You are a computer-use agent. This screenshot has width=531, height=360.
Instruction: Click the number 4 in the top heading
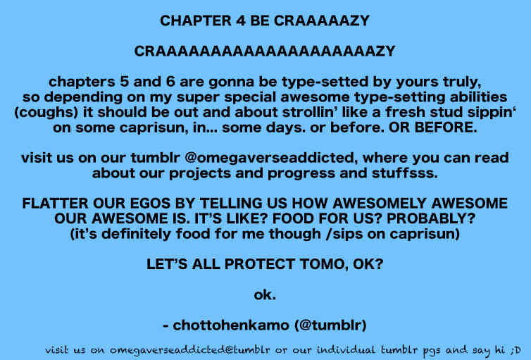[x=239, y=21]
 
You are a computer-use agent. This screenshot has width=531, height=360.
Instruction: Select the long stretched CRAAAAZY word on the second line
[x=265, y=51]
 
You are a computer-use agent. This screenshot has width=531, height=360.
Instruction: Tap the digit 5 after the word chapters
[x=124, y=82]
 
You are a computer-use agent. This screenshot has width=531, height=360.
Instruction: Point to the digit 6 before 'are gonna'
[x=170, y=82]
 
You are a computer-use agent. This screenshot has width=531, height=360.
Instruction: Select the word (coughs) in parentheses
[x=46, y=113]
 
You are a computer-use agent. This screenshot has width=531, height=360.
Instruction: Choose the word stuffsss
[x=405, y=173]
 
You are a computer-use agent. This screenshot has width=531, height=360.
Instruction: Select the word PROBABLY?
[x=431, y=219]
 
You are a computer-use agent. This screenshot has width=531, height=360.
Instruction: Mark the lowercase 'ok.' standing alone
[x=265, y=295]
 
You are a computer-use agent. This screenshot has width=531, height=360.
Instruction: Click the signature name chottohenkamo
[x=231, y=325]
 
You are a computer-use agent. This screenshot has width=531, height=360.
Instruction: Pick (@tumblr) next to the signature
[x=330, y=325]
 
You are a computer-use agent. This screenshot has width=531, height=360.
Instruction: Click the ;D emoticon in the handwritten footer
[x=516, y=350]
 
